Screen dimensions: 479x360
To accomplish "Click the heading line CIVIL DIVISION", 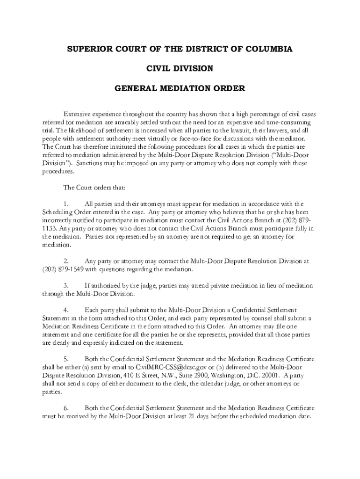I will pyautogui.click(x=180, y=69).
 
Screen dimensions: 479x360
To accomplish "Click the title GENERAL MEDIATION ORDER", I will pyautogui.click(x=180, y=88).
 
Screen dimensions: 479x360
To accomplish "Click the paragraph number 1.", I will pyautogui.click(x=66, y=203).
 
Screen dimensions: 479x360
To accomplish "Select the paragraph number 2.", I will pyautogui.click(x=66, y=261).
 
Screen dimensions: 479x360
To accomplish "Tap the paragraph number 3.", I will pyautogui.click(x=66, y=285).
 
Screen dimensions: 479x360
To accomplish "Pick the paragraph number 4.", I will pyautogui.click(x=66, y=310).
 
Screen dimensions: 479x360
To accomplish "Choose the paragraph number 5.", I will pyautogui.click(x=66, y=359).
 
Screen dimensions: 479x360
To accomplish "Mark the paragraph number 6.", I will pyautogui.click(x=66, y=408).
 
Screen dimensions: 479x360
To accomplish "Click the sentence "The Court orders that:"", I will pyautogui.click(x=94, y=188).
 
